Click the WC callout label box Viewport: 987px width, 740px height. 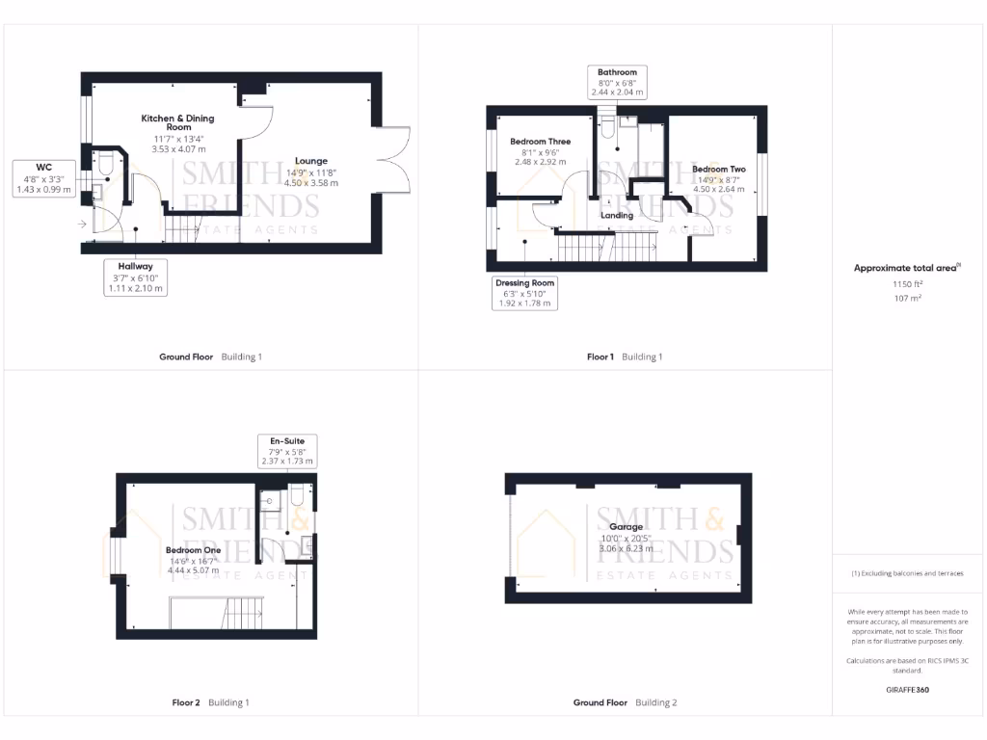click(43, 178)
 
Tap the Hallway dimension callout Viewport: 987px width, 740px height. click(135, 277)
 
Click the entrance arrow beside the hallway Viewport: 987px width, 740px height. click(83, 225)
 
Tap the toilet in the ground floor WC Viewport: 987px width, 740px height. click(105, 167)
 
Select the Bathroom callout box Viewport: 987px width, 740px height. click(617, 83)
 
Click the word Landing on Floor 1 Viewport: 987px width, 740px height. click(617, 216)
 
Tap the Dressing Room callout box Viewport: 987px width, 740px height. click(525, 293)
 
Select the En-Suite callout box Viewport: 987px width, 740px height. click(287, 452)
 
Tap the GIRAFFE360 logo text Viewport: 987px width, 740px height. click(908, 690)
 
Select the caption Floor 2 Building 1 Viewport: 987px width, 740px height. click(210, 702)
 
